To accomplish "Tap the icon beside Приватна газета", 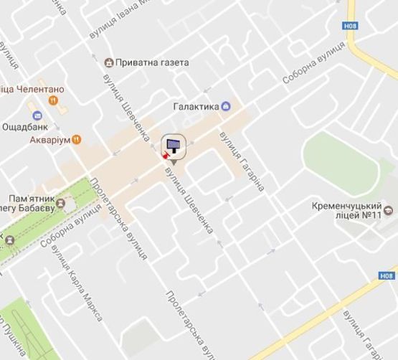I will (109, 62).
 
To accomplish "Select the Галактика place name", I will (196, 107).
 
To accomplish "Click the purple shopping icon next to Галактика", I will (227, 107).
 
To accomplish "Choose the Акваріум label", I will (49, 140).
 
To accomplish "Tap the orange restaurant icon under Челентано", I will (52, 100).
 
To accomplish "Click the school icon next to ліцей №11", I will (389, 211).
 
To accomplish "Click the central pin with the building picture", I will (173, 147).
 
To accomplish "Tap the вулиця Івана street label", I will (118, 22).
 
